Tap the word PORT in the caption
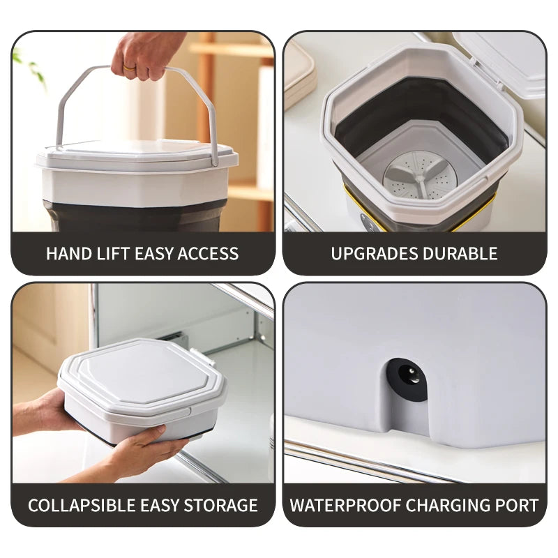pos(518,505)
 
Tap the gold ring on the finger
pos(130,68)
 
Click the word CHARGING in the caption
pos(446,505)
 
